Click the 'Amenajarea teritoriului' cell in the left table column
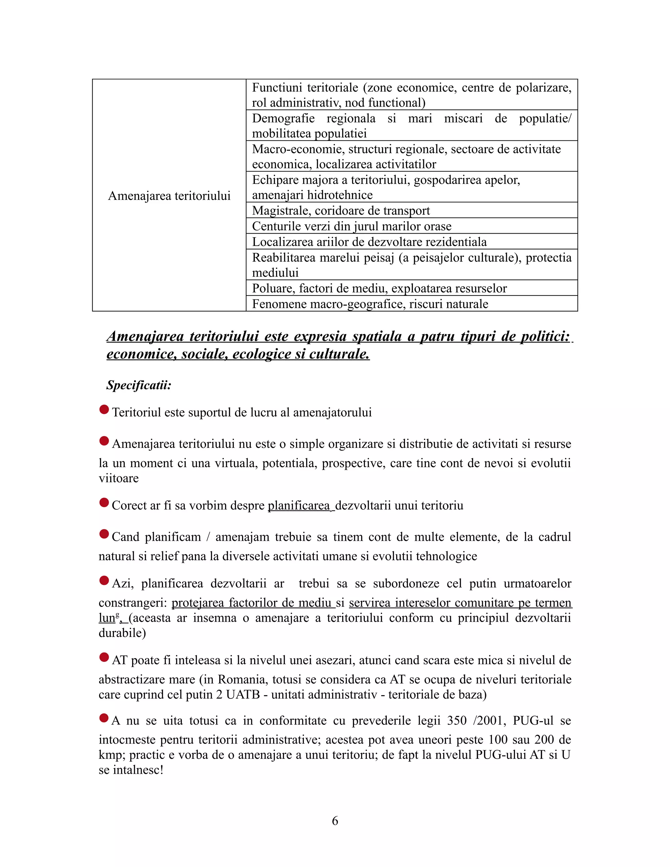point(169,196)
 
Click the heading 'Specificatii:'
point(138,385)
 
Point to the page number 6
point(335,821)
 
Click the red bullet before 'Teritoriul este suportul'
point(104,410)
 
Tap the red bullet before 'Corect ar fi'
point(104,503)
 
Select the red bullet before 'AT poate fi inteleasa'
point(104,657)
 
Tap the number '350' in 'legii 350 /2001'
point(456,720)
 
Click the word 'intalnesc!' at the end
point(138,770)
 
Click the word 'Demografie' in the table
point(283,118)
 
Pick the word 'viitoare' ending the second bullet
point(119,478)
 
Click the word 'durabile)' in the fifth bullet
point(122,633)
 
